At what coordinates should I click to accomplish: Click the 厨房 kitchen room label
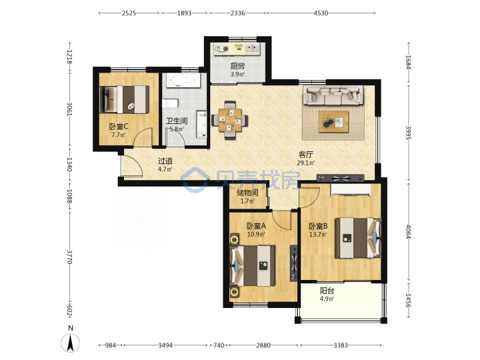coord(237,66)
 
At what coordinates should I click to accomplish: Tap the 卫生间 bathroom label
coord(177,121)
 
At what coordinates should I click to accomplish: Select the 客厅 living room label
coord(305,155)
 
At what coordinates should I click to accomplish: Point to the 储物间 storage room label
coord(247,193)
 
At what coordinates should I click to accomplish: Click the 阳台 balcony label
coord(327,291)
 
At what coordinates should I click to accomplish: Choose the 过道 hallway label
coord(165,161)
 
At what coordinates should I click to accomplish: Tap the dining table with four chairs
coord(230,120)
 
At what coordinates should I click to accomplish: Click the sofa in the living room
coord(333,95)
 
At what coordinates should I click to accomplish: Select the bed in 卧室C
coord(125,99)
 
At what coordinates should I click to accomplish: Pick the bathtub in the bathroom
coord(183,81)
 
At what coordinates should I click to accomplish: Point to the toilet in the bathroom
coord(170,103)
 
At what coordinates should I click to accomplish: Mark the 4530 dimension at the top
coord(321,13)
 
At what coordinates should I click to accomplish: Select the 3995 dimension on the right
coord(409,133)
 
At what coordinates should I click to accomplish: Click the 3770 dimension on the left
coord(70,257)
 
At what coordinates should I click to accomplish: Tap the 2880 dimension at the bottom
coord(263,345)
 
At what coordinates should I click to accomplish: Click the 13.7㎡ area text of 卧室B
coord(318,235)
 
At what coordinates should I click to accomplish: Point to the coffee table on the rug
coord(333,122)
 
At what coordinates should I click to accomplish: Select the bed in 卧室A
coord(253,266)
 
